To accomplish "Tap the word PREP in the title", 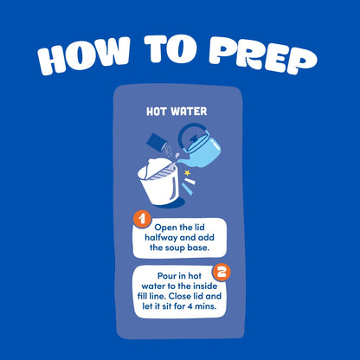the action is (x=263, y=57).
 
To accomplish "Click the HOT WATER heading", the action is (x=177, y=112).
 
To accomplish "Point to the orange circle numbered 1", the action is (x=142, y=220).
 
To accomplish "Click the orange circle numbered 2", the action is (x=222, y=273).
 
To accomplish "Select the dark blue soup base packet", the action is (x=156, y=141).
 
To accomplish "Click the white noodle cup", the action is (x=159, y=181).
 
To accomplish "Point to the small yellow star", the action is (x=188, y=173).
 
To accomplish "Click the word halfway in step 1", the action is (x=161, y=238).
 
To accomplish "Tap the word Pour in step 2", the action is (x=167, y=276).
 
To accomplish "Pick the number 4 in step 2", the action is (x=190, y=306).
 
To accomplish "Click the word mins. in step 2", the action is (x=206, y=306).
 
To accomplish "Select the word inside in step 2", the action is (x=205, y=286).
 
